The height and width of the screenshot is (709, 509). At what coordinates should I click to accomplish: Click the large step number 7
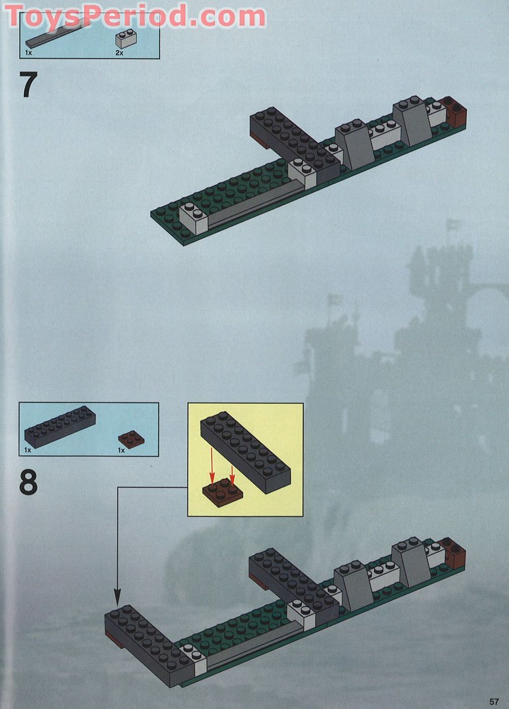(x=28, y=85)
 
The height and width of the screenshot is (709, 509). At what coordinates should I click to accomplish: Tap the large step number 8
(x=28, y=482)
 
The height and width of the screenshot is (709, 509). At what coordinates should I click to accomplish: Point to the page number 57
(x=494, y=700)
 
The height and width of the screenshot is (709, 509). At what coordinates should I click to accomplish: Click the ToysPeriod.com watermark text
(x=135, y=16)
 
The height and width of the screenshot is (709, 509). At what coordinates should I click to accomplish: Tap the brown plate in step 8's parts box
(x=132, y=438)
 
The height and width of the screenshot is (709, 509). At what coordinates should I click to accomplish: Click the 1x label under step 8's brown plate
(x=121, y=451)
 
